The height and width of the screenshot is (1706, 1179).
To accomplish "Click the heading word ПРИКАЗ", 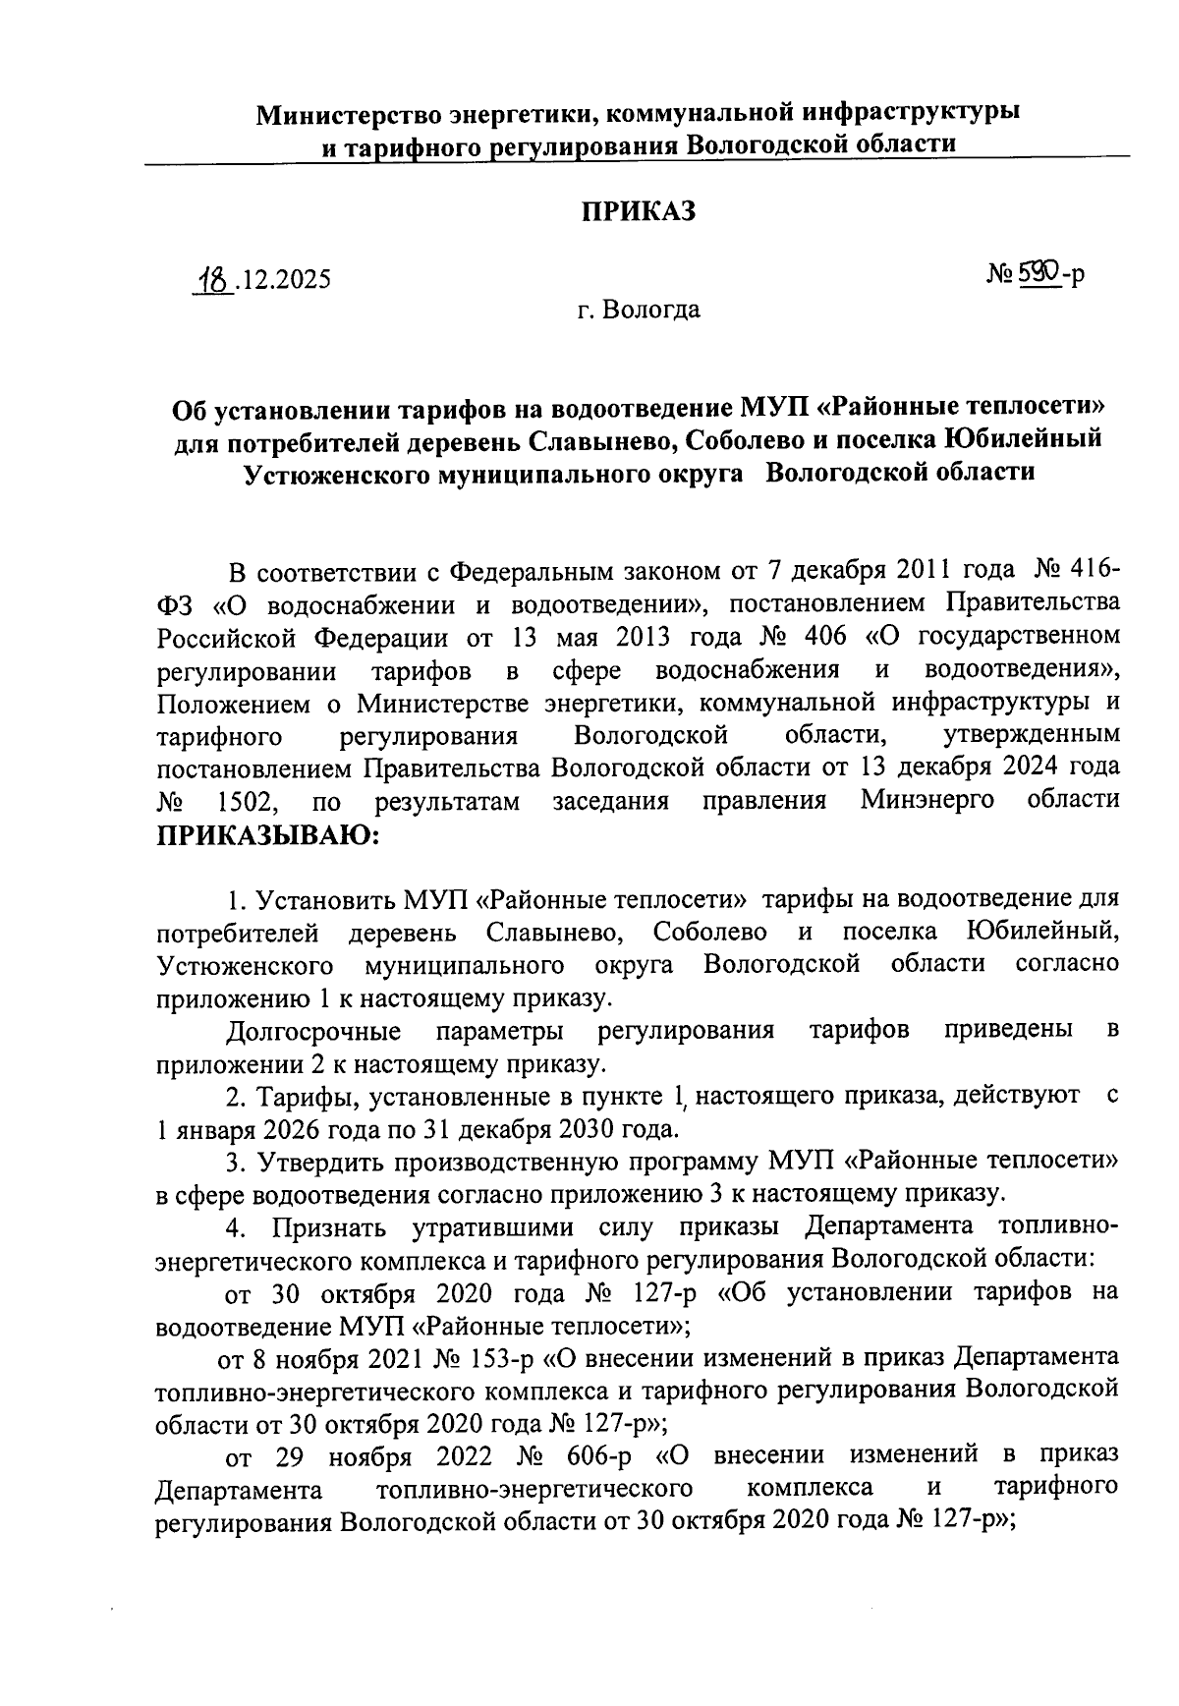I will pos(639,211).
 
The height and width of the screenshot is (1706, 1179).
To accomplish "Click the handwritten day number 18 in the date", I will pos(213,279).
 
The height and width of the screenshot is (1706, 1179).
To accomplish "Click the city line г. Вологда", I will pos(639,312).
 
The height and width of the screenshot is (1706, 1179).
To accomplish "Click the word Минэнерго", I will pos(927,800).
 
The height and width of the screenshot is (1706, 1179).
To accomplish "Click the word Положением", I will pos(232,704).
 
